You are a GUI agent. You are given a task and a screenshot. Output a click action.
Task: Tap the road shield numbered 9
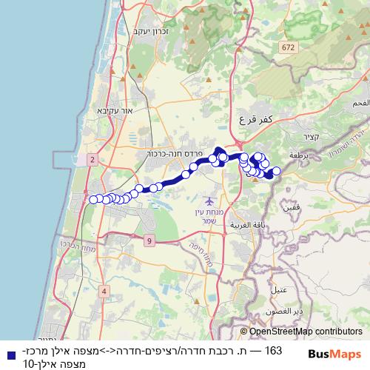[x=149, y=240]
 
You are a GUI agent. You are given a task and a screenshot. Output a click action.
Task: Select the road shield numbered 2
[x=92, y=159]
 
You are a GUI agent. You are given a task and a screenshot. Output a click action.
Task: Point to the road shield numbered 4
[x=104, y=292]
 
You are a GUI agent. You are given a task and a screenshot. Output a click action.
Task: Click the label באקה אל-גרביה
[x=247, y=224]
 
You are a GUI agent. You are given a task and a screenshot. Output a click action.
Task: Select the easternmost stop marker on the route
[x=277, y=172]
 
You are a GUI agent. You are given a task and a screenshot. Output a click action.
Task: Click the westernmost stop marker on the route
[x=93, y=199]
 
